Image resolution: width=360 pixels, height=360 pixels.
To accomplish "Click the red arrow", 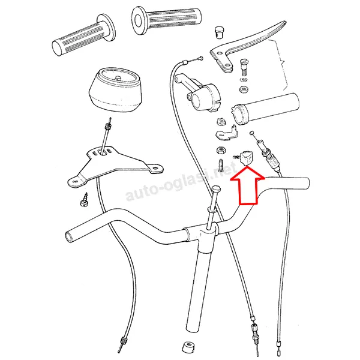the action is pyautogui.click(x=247, y=186).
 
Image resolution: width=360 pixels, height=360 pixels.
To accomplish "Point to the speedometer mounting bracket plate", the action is pyautogui.click(x=115, y=166).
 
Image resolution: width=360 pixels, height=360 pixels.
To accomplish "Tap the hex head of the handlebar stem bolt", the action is pyautogui.click(x=216, y=190).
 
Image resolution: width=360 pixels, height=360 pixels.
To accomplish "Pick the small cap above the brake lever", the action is pyautogui.click(x=218, y=31).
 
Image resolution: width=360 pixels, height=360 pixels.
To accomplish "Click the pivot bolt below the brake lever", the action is pyautogui.click(x=244, y=67).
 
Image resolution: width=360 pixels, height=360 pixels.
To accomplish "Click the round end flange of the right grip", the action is pyautogui.click(x=139, y=20).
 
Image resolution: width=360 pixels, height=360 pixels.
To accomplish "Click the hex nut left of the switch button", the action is pyautogui.click(x=221, y=151).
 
